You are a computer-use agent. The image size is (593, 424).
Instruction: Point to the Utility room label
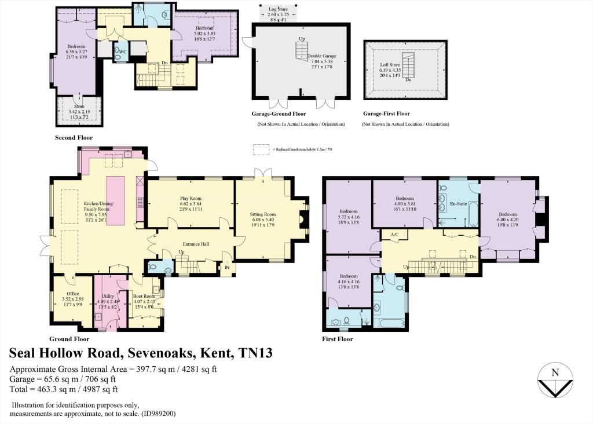point(107,296)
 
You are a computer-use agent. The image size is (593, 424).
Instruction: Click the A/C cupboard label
point(395,234)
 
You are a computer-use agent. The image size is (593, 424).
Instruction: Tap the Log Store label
point(278,10)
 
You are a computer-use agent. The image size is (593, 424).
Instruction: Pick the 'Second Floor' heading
point(74,138)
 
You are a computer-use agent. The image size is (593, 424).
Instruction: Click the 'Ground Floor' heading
point(69,339)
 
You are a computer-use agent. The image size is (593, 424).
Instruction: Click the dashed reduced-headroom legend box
point(262,149)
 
